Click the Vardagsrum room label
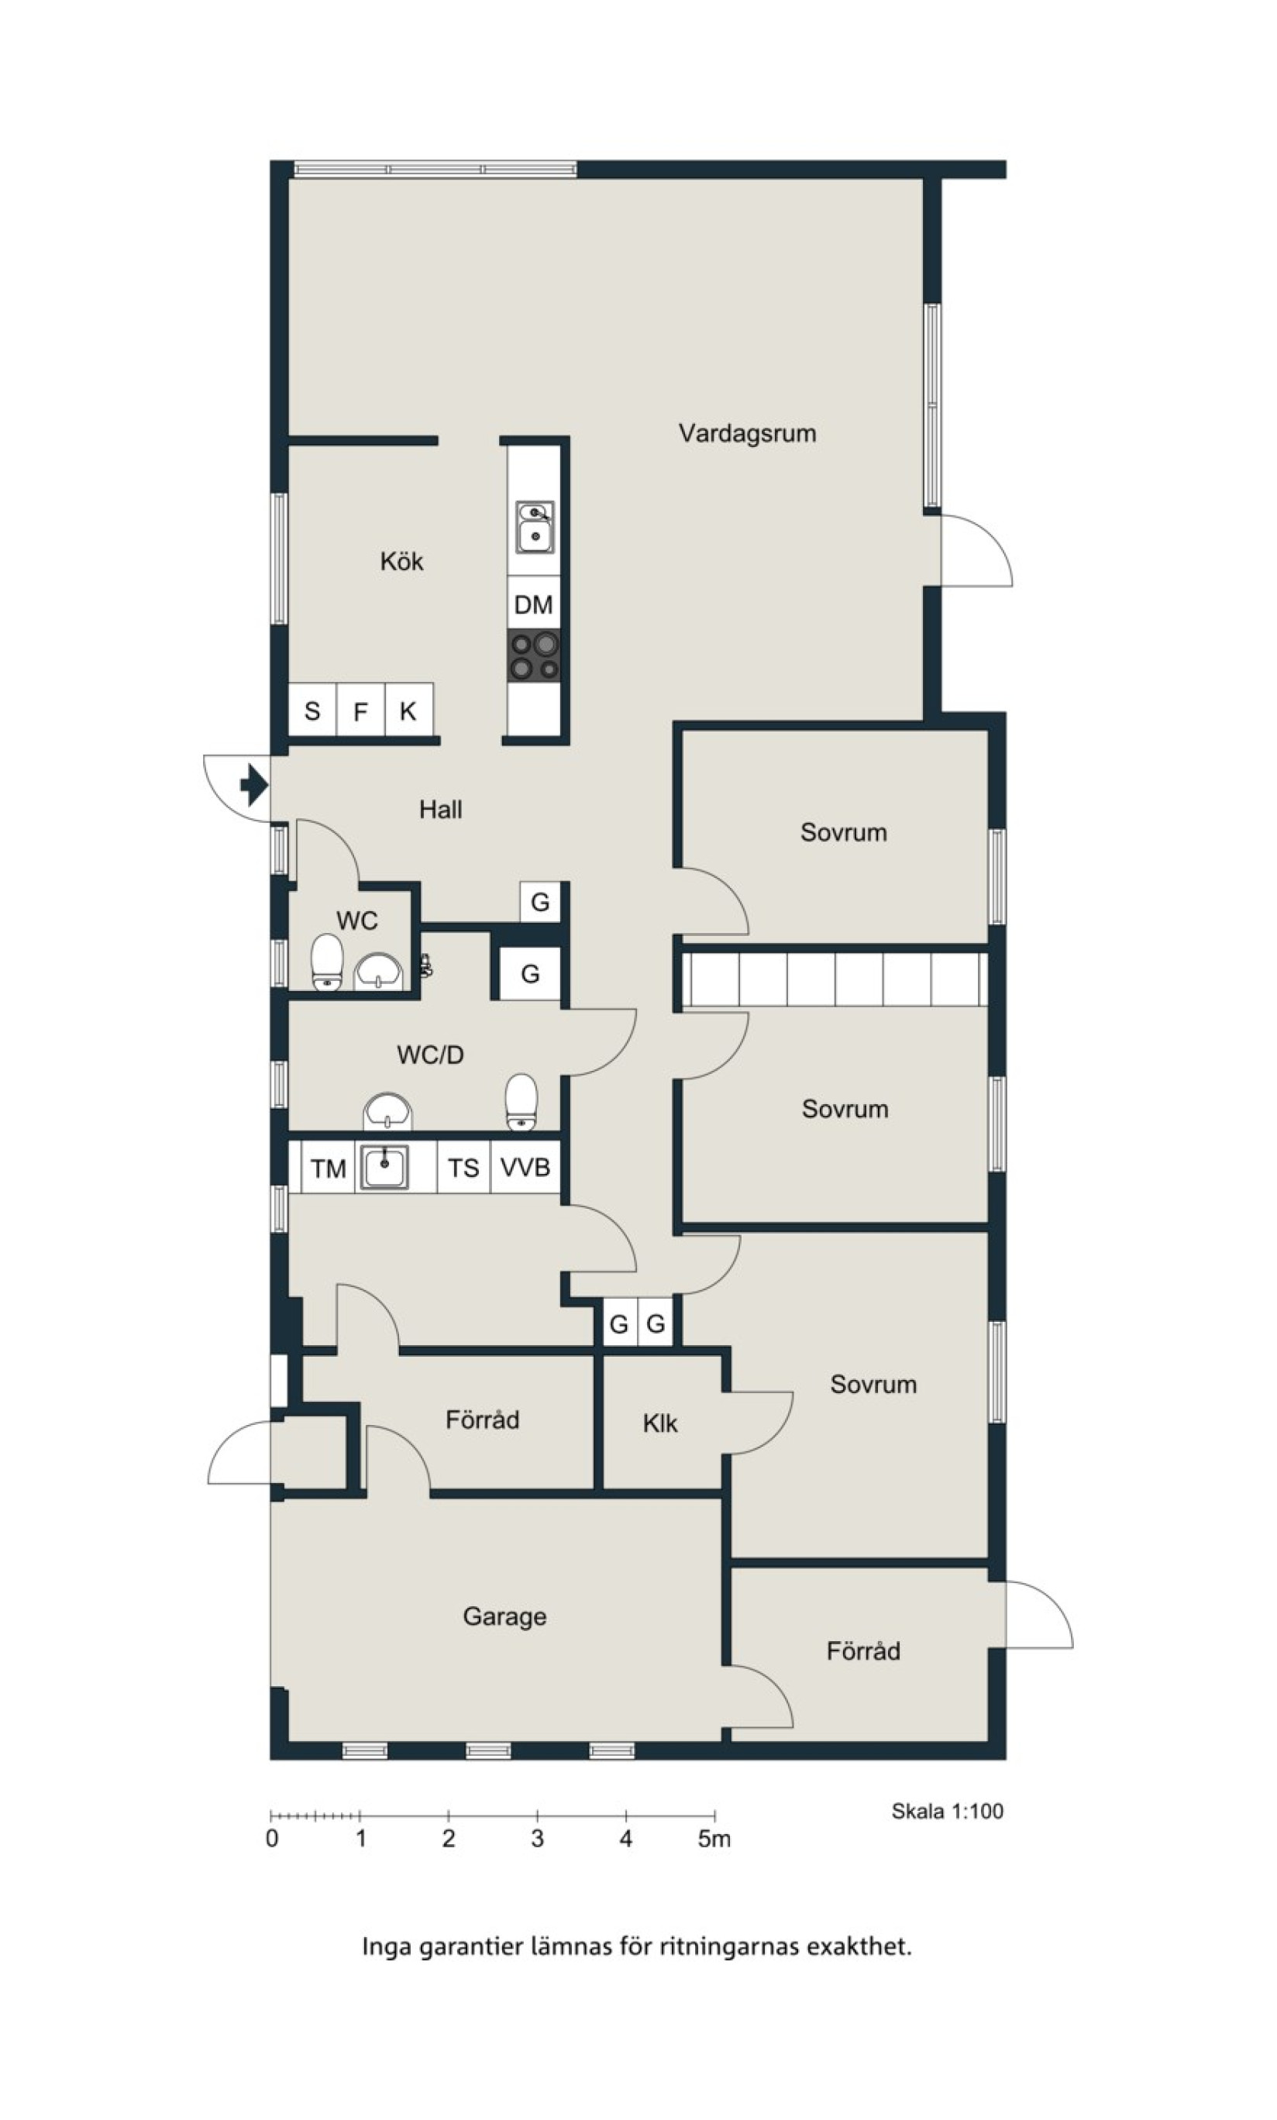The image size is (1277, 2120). point(747,433)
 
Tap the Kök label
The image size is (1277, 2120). point(402,561)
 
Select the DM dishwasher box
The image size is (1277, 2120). point(534,603)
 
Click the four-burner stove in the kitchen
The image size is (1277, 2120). point(534,656)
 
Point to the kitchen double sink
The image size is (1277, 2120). point(535,528)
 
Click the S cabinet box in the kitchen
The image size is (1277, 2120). point(312,710)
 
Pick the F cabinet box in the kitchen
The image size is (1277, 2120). point(360,710)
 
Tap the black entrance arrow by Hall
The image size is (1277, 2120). point(254,785)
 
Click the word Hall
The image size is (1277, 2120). point(441,809)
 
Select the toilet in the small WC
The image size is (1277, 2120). point(327,962)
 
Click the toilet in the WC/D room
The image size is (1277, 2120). point(521,1102)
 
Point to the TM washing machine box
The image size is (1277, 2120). point(328,1168)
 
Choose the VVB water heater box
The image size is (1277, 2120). point(525,1167)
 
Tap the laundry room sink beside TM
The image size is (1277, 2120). point(384,1167)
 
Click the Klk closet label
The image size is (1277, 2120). point(660,1423)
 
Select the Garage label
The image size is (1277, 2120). point(504,1616)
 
